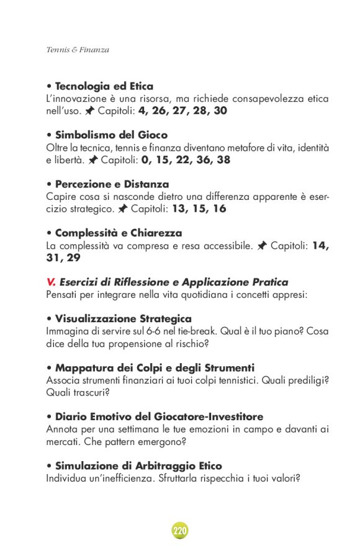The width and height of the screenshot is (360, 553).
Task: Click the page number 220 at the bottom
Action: point(179,531)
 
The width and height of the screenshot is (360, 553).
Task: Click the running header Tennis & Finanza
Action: point(78,50)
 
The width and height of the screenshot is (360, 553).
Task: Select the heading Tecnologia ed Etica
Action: point(104,86)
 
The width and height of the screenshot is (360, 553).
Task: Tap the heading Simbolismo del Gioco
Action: point(111,135)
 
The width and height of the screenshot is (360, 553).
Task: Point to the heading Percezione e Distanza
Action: point(112,184)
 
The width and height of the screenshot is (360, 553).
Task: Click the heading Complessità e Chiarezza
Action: point(118,233)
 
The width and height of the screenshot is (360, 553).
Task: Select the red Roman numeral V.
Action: point(51,282)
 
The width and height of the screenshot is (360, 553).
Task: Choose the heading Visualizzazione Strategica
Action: point(123,319)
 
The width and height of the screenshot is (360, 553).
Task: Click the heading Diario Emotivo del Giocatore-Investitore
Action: point(159,416)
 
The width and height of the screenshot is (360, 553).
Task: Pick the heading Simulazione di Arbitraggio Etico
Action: point(138,465)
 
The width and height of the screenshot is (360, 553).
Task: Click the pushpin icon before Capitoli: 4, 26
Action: point(90,111)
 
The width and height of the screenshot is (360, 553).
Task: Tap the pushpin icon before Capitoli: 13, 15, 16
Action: point(123,209)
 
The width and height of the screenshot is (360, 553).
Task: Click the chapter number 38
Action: point(224,160)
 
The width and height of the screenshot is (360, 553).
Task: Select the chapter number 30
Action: point(220,111)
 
